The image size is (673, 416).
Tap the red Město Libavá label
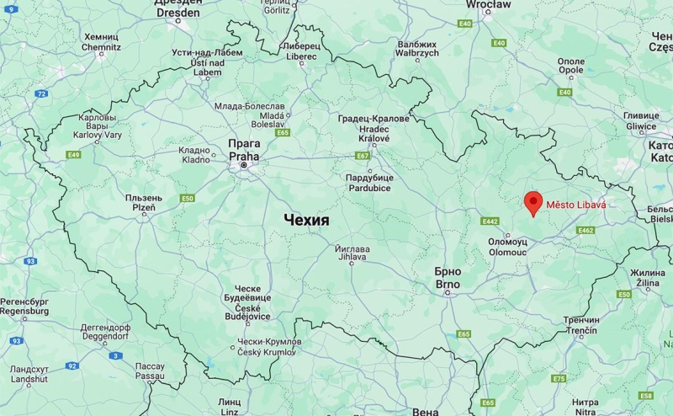tap(576, 205)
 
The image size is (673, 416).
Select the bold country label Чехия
tap(306, 219)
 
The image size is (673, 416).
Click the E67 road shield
tap(363, 156)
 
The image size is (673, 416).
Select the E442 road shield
tap(490, 221)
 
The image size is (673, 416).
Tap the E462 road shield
tap(586, 230)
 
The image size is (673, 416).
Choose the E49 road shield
tap(74, 155)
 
